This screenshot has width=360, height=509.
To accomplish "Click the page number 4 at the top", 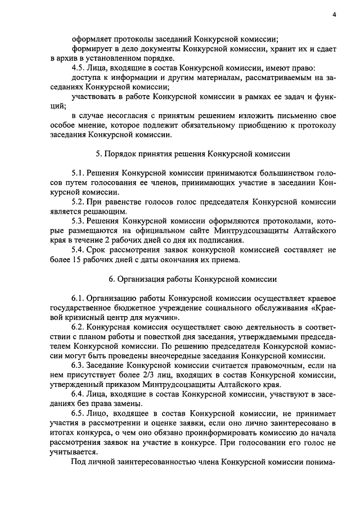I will (x=334, y=15).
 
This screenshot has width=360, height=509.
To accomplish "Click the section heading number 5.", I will (x=98, y=154).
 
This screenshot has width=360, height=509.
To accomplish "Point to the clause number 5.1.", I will (x=79, y=174).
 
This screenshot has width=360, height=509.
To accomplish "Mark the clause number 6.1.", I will (x=79, y=298).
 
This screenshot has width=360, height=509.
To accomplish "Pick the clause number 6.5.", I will (x=79, y=413).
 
